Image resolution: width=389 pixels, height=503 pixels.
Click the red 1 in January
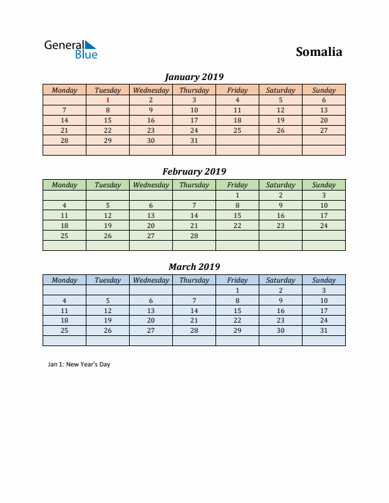(x=107, y=100)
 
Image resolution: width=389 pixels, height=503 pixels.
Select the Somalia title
(x=318, y=52)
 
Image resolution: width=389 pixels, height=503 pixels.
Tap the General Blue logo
(x=71, y=50)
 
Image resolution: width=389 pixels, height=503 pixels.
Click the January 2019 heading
(x=194, y=77)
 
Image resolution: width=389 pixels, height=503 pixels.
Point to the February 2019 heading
(x=194, y=171)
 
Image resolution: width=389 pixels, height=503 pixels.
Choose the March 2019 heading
(x=194, y=267)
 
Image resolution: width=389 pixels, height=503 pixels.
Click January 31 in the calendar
(x=194, y=140)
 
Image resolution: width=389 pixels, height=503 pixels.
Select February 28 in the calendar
(x=194, y=236)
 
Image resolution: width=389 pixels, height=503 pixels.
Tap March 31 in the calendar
(x=324, y=330)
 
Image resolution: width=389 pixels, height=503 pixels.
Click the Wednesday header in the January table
(x=151, y=90)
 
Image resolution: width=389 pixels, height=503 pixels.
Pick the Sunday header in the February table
(x=324, y=185)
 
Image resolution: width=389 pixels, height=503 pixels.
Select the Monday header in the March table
(x=64, y=280)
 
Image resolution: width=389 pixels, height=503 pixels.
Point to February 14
(x=194, y=215)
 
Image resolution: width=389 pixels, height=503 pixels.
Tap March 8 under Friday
(x=237, y=300)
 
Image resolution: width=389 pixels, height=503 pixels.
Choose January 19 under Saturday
(x=280, y=120)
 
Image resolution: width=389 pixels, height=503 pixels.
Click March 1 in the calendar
(x=237, y=290)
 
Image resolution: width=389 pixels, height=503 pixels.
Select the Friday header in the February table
(x=237, y=185)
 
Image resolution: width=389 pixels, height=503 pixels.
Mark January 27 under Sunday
(x=324, y=130)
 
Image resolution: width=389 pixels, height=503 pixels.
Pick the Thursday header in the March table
(x=194, y=280)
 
